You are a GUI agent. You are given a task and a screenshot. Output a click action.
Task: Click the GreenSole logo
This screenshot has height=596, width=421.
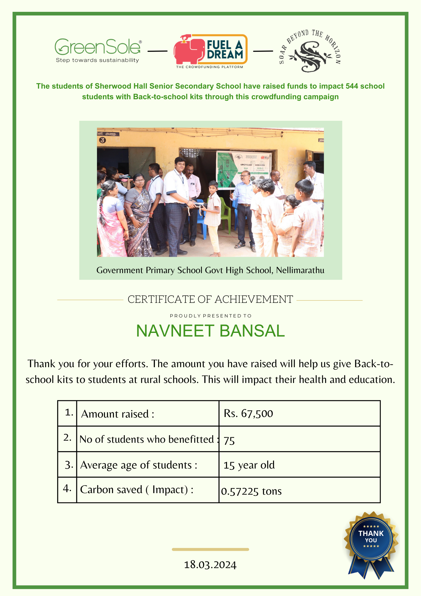98,50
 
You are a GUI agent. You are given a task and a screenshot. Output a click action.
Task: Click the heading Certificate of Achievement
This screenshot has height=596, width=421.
210,300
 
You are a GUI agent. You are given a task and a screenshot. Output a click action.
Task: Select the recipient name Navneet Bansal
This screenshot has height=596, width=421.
210,331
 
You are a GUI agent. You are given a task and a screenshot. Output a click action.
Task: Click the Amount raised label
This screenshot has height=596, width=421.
118,414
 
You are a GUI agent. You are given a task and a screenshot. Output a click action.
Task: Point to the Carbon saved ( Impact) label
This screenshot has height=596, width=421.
137,490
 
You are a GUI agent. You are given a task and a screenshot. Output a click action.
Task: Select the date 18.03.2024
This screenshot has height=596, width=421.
210,565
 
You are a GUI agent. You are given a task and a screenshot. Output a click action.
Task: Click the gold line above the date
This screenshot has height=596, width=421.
210,549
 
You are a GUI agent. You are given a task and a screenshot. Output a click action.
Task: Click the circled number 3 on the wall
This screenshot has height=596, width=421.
102,140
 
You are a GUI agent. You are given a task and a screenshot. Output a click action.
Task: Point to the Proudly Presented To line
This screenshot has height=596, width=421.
210,316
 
